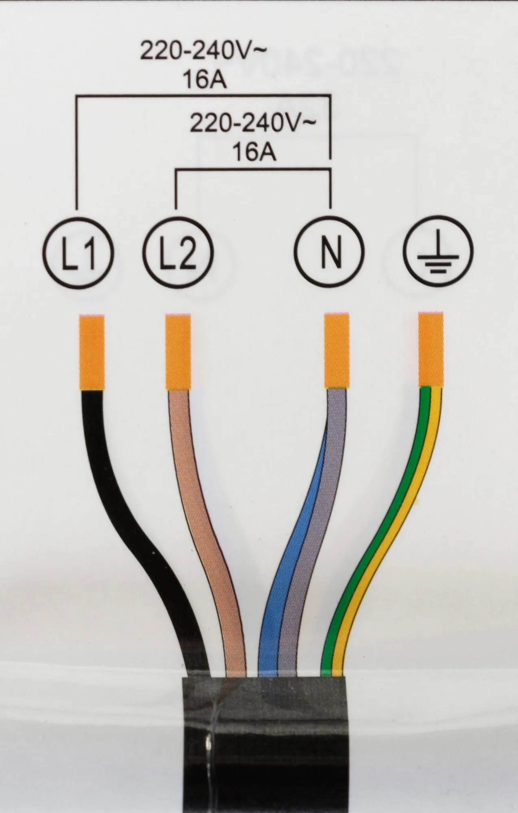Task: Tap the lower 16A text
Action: (x=254, y=153)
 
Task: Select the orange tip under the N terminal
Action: (x=337, y=352)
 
